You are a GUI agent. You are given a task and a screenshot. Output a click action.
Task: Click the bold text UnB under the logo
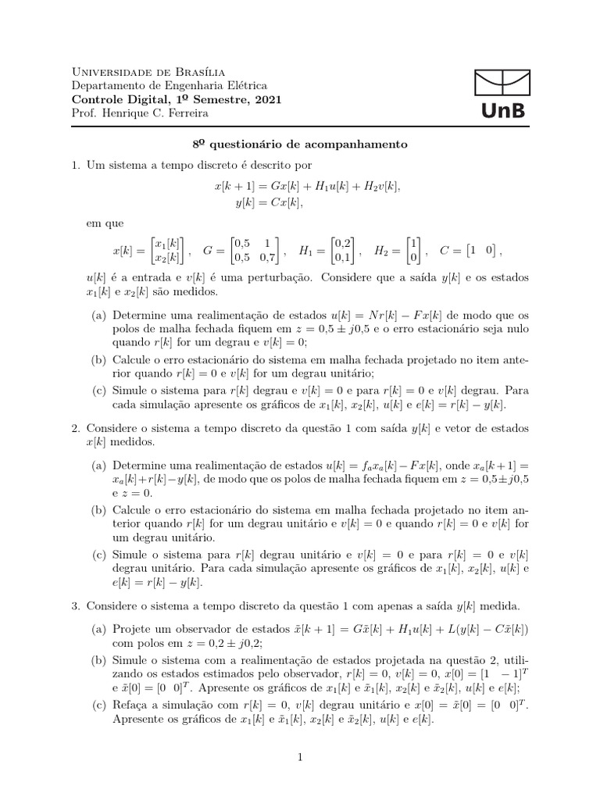pyautogui.click(x=500, y=112)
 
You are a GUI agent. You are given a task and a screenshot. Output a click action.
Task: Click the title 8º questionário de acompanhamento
pyautogui.click(x=300, y=145)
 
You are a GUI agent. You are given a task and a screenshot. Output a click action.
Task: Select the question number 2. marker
pyautogui.click(x=76, y=429)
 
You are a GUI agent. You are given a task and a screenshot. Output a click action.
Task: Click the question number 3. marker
pyautogui.click(x=76, y=605)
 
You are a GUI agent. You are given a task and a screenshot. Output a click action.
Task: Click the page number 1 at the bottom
pyautogui.click(x=300, y=756)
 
